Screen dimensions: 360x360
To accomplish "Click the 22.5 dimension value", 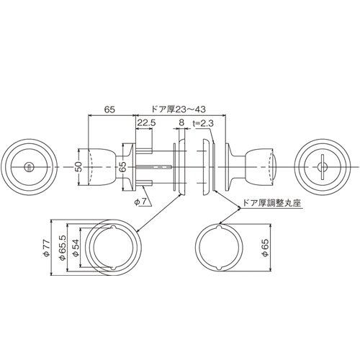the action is pos(146,123).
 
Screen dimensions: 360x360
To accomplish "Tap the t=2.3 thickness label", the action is pos(203,123).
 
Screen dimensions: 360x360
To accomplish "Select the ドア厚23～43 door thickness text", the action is pos(179,109).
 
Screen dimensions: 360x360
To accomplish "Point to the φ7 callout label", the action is pos(140,202).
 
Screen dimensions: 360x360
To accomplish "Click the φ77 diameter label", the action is pos(46,248).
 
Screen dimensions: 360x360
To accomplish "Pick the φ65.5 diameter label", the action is pos(62,248).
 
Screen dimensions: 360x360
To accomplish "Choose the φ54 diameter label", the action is pos(76,248).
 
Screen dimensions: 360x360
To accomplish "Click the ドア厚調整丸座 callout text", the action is pos(272,203).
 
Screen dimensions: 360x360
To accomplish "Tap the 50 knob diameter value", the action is pos(79,167).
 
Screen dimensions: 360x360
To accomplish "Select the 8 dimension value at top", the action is pos(181,122).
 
